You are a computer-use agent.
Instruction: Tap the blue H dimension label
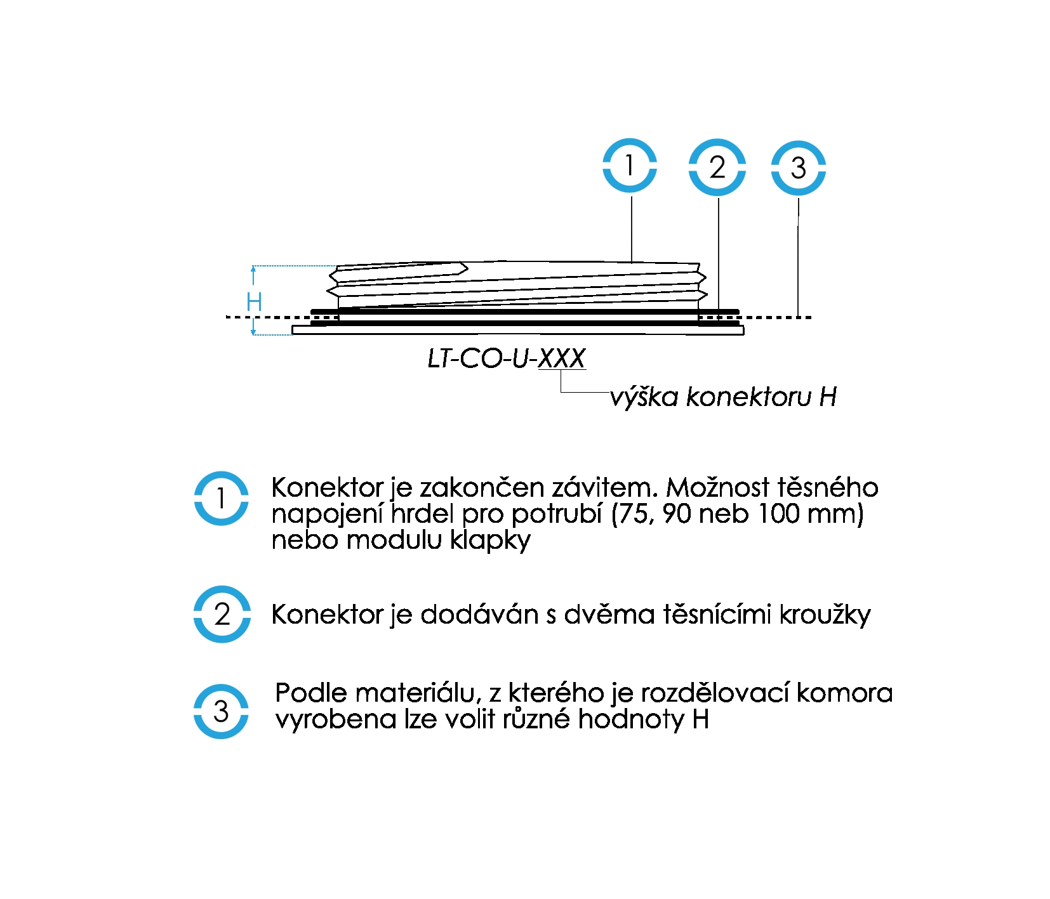[254, 301]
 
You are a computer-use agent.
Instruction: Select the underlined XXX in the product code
[562, 358]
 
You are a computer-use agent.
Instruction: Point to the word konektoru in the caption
[749, 397]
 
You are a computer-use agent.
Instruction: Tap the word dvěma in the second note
[609, 614]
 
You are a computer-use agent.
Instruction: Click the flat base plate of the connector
[517, 330]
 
